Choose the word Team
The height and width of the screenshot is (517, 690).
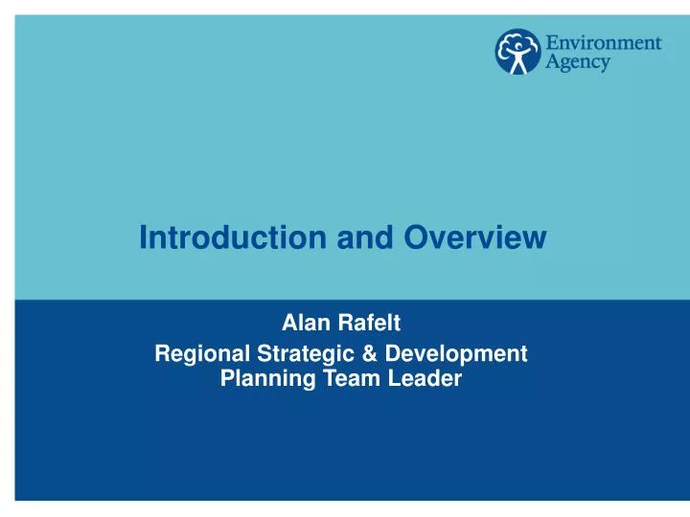point(339,378)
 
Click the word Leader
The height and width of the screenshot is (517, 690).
point(419,378)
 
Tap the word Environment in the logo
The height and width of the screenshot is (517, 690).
point(604,43)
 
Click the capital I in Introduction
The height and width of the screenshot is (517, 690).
point(143,237)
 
